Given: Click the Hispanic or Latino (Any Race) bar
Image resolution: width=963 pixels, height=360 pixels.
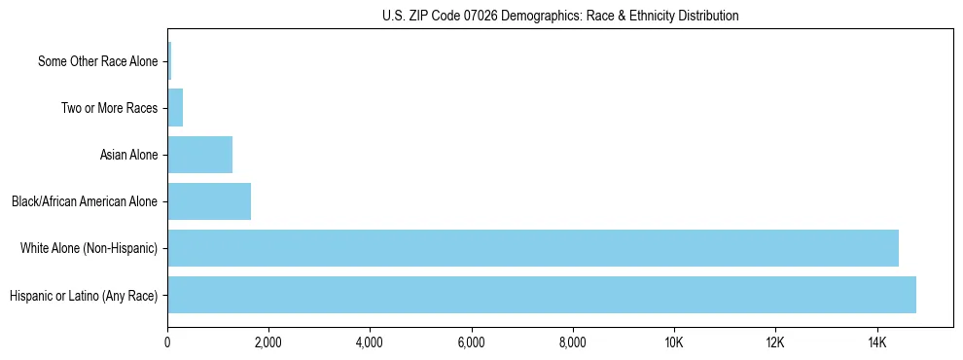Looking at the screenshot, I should pos(542,295).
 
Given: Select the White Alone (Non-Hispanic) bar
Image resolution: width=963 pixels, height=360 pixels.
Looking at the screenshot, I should pos(533,248).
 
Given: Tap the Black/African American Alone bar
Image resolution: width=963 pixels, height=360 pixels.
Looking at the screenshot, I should pos(209,201).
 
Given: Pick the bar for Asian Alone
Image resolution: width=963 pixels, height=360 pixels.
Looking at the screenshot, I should pos(200,155).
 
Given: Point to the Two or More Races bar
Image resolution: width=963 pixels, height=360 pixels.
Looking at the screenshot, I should pos(175,108).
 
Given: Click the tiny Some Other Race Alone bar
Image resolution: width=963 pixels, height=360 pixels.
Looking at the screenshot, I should pos(169,61).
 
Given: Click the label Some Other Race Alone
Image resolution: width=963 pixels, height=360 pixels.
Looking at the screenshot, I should pos(97,61).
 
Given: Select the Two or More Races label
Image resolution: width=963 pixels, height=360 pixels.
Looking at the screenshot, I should pos(109,108).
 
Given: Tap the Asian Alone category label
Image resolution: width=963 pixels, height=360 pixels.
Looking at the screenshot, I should pos(128,155).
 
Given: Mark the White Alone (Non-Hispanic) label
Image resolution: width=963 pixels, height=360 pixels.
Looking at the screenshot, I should pos(89,248).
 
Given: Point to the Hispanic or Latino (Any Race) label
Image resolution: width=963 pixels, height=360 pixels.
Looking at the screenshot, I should pos(84,295).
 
